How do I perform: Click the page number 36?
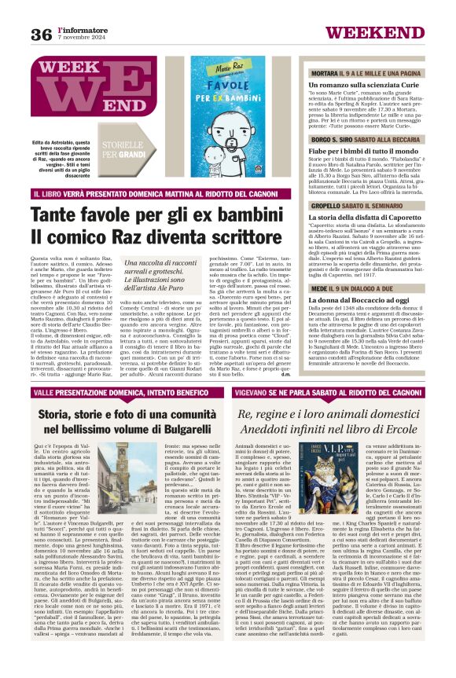pyautogui.click(x=42, y=34)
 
